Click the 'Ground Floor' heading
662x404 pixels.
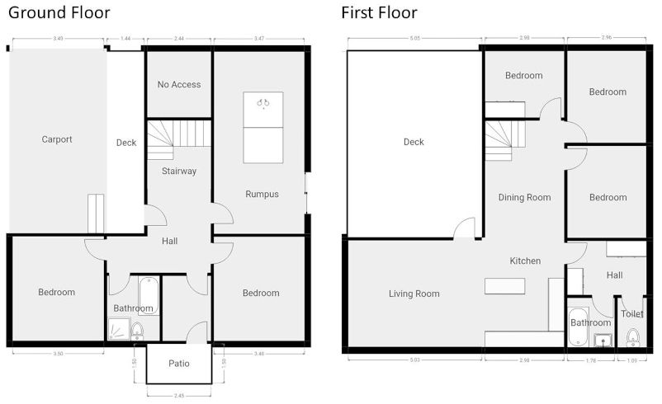pyautogui.click(x=59, y=13)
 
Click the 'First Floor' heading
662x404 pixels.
pyautogui.click(x=379, y=13)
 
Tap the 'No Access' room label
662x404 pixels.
pyautogui.click(x=179, y=84)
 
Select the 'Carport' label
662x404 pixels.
pyautogui.click(x=57, y=139)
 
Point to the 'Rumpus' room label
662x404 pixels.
pyautogui.click(x=262, y=195)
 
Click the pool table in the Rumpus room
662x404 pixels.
pyautogui.click(x=262, y=127)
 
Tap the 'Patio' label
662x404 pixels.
pyautogui.click(x=179, y=364)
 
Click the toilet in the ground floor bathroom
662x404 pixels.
pyautogui.click(x=137, y=331)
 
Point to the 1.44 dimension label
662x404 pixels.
pyautogui.click(x=125, y=39)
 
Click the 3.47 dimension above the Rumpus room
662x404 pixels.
pyautogui.click(x=260, y=39)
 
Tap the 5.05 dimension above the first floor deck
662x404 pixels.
pyautogui.click(x=414, y=39)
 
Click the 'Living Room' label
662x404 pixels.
pyautogui.click(x=414, y=294)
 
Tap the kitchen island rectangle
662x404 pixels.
pyautogui.click(x=505, y=285)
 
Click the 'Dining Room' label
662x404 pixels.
pyautogui.click(x=524, y=197)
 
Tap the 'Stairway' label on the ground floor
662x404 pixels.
pyautogui.click(x=179, y=171)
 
